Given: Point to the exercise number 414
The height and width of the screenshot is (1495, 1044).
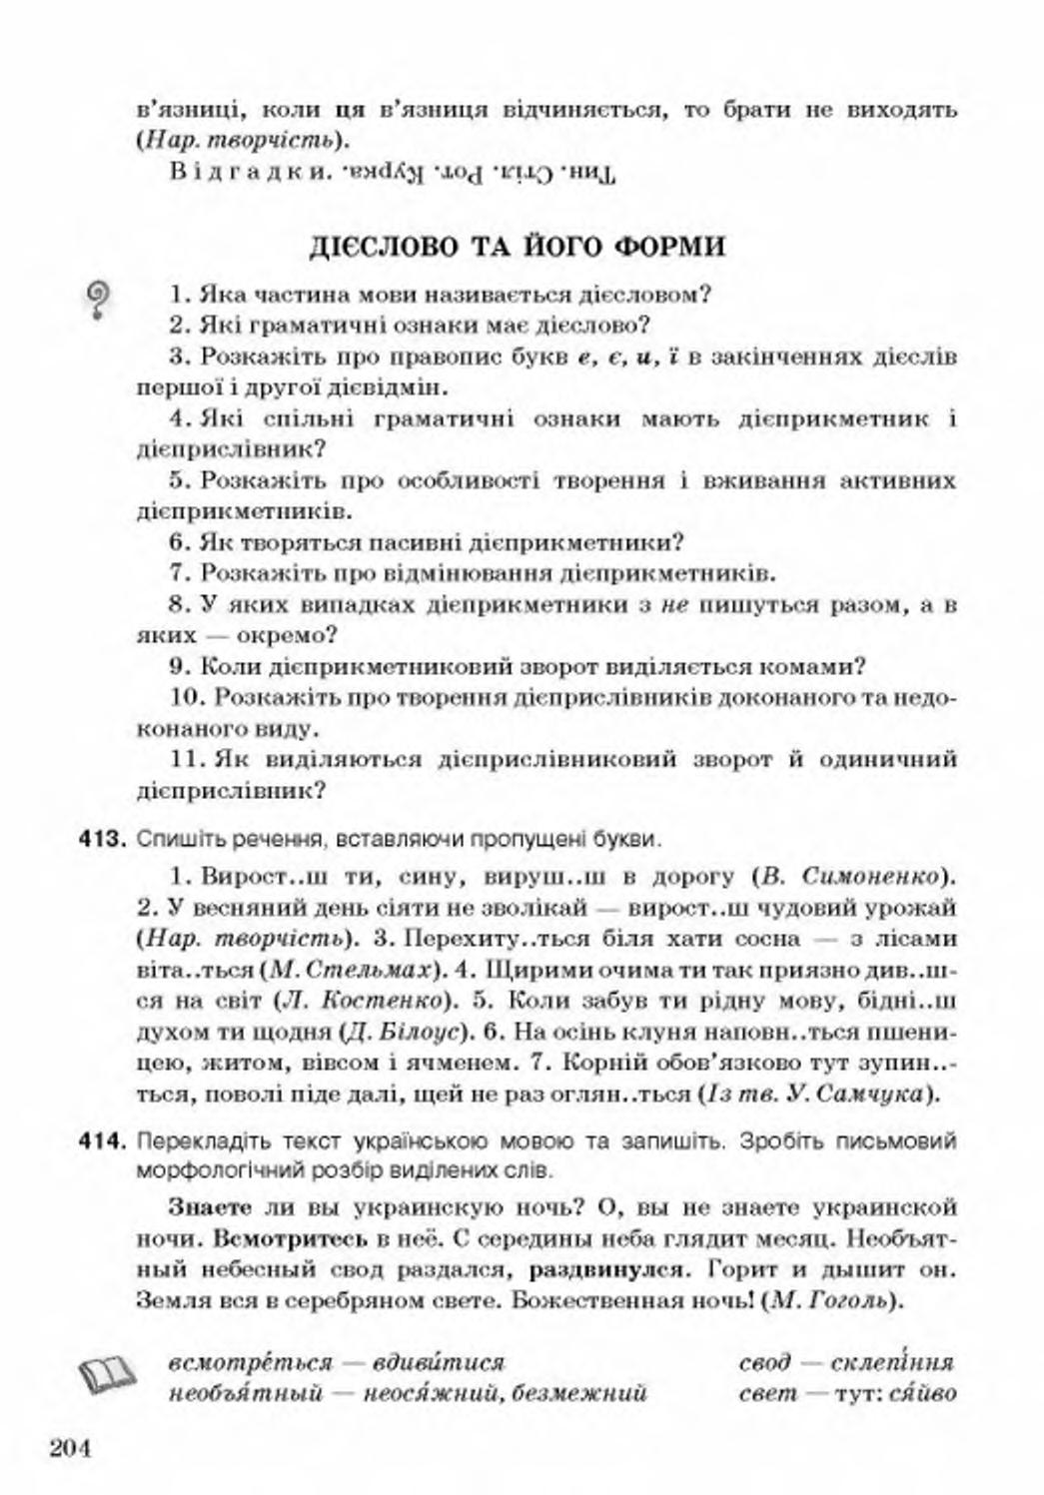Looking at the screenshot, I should pos(100,1139).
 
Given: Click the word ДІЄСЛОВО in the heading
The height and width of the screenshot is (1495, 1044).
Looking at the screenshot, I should pos(385,246).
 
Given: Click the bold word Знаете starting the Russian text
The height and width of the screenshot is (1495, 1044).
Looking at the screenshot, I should pos(210,1206).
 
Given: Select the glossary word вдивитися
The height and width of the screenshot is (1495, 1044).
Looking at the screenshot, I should pos(438,1361).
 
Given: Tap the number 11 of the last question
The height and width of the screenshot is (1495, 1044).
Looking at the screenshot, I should pos(186,759).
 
